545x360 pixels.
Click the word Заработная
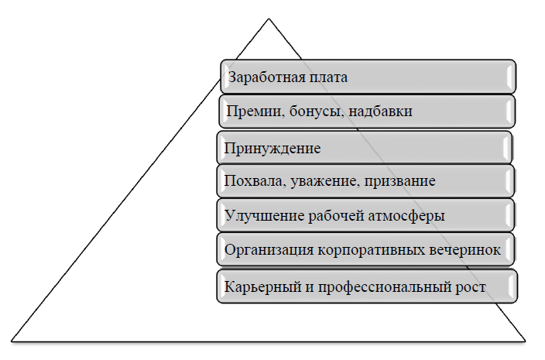click(263, 77)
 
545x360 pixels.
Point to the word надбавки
click(381, 111)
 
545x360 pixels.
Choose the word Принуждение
click(272, 149)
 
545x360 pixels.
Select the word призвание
click(399, 181)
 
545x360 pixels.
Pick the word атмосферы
click(406, 216)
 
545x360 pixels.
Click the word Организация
click(269, 250)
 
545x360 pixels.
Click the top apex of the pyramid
click(269, 19)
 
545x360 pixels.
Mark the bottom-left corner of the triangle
click(12, 341)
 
